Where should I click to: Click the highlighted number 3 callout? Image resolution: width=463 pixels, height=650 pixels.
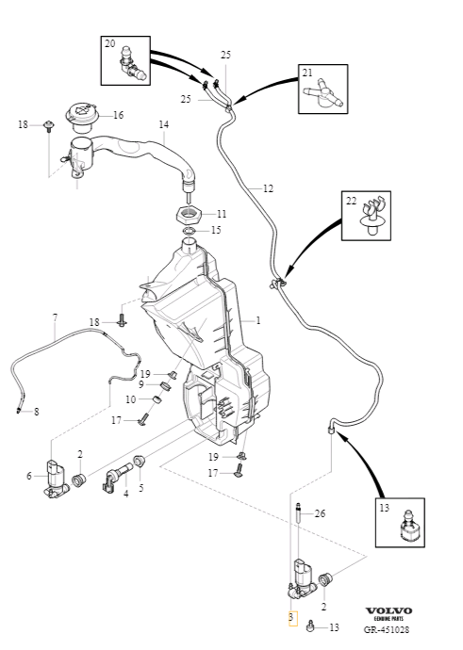click(291, 618)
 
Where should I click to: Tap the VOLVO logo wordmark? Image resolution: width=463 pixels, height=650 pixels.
click(389, 610)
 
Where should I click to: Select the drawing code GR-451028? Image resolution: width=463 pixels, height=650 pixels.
click(387, 629)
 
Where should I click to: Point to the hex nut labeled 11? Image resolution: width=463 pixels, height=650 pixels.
click(190, 215)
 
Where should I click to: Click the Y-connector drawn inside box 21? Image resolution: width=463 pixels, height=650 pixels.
click(325, 93)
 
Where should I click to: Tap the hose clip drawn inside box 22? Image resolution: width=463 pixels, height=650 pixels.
click(372, 218)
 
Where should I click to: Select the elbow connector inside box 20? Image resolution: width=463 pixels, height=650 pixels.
click(132, 65)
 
